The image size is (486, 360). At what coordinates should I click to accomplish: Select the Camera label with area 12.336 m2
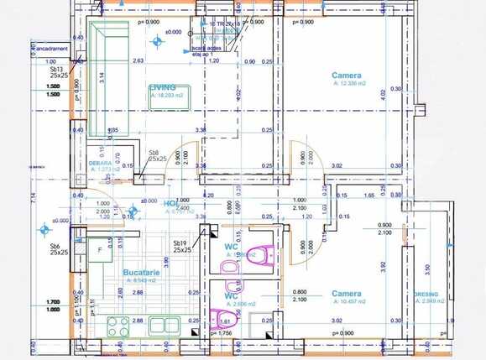pos(347,76)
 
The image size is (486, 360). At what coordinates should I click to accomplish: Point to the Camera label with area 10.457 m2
pos(346,294)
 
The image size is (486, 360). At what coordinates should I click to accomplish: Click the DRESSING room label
pos(431,294)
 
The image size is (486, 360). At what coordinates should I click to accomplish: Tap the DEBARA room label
pos(101,164)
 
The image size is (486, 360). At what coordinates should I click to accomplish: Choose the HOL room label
pos(170,204)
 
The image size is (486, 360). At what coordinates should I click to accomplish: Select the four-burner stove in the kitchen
pos(116,324)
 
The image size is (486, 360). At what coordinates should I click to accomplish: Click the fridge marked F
pos(101,250)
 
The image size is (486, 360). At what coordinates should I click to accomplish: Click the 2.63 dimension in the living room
pos(138,61)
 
